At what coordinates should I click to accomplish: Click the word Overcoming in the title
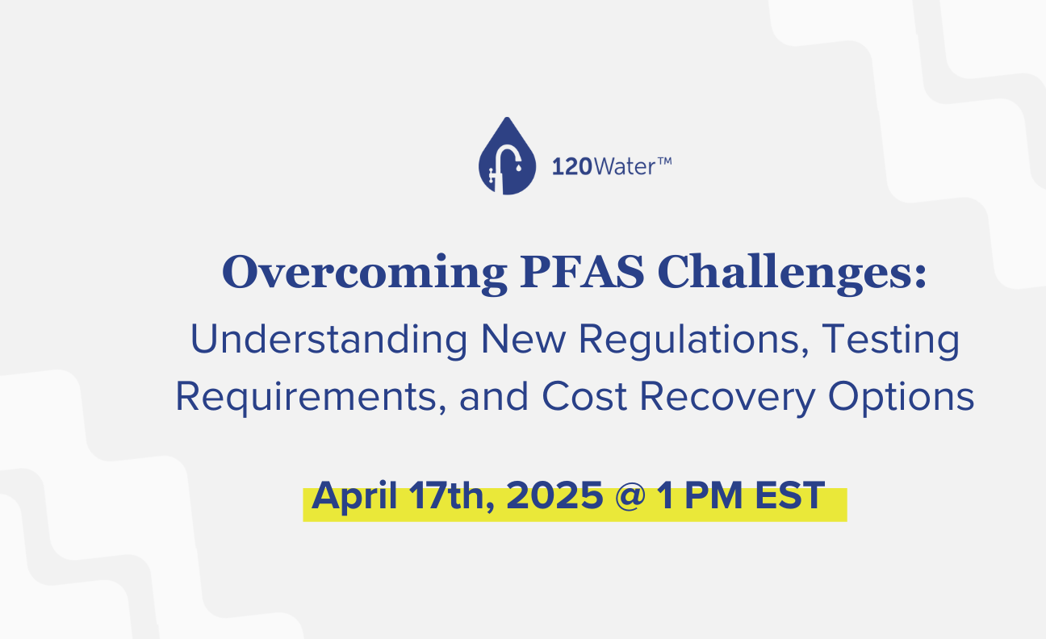point(365,274)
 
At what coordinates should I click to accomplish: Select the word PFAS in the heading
point(582,272)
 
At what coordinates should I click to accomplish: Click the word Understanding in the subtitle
point(328,340)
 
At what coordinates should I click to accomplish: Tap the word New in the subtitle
point(524,340)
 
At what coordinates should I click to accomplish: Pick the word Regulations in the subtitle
point(694,340)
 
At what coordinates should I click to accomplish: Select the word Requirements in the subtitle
point(311,398)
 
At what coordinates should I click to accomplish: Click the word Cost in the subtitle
point(584,397)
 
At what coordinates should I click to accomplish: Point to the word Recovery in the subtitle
point(727,398)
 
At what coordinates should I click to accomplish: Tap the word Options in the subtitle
point(902,398)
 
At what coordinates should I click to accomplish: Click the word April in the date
point(354,496)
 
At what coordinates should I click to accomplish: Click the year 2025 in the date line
point(554,495)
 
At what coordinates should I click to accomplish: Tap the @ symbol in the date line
point(630,495)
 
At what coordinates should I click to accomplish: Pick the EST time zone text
point(790,495)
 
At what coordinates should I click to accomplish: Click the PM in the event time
point(713,495)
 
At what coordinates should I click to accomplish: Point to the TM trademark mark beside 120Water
point(664,161)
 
